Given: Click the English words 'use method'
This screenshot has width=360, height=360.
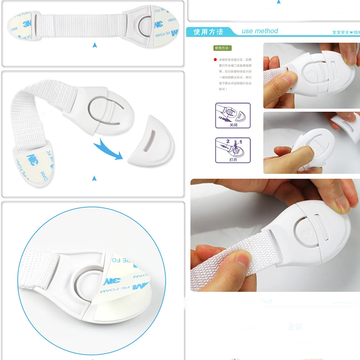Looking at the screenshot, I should tap(260, 31).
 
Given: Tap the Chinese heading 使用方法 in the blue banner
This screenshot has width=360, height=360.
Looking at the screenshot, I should tap(208, 32).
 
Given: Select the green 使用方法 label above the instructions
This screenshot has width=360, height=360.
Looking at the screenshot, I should tap(223, 48).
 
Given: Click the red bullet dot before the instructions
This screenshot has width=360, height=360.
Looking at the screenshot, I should tap(215, 60).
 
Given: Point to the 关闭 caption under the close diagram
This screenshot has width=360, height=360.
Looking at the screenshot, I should tap(233, 125).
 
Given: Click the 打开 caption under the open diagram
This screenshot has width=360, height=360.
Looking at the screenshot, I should tap(233, 159).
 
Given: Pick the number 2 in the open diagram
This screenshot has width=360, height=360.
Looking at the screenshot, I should tap(228, 142).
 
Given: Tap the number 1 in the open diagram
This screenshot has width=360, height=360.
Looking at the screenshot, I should tap(240, 142).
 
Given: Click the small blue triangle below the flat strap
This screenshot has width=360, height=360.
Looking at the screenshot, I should tap(95, 45).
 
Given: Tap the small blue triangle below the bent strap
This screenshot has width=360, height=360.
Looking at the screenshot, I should tap(94, 178).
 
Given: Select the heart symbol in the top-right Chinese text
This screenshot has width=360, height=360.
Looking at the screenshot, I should tap(351, 32).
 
